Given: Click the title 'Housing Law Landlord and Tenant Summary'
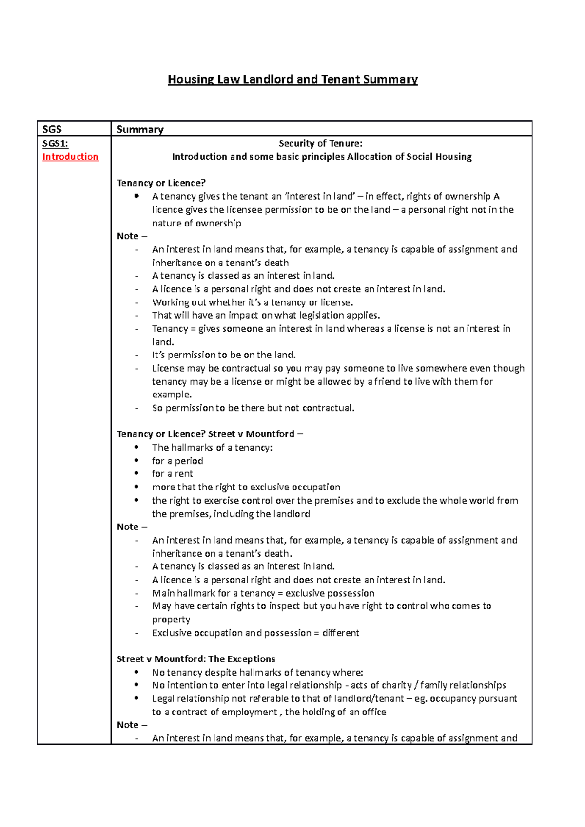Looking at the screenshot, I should click(x=292, y=79).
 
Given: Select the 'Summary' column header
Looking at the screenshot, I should click(x=140, y=129).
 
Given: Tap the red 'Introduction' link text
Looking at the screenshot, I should click(x=70, y=157).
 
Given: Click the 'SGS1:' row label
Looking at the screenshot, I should click(x=55, y=143).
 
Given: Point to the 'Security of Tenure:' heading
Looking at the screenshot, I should click(x=320, y=143).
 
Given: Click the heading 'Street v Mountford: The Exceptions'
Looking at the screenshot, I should click(x=196, y=659).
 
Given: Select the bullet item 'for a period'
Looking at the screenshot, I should click(x=177, y=461).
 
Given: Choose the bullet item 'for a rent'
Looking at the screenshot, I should click(x=172, y=474).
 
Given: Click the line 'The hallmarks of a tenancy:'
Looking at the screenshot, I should click(x=212, y=448).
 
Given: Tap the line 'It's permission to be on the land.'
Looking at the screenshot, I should click(x=224, y=355).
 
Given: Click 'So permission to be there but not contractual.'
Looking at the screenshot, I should click(x=253, y=408).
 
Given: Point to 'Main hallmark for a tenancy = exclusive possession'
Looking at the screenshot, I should click(x=263, y=593).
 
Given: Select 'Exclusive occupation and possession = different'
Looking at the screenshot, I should click(x=255, y=633).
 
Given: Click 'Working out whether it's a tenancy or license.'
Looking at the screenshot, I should click(x=253, y=302).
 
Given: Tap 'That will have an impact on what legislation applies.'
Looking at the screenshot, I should click(x=266, y=315).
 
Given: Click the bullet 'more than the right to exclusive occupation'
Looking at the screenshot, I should click(x=246, y=487).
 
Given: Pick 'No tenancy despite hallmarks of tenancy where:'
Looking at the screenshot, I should click(x=257, y=673).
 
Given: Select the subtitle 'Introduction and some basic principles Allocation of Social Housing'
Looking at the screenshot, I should click(x=322, y=157).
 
